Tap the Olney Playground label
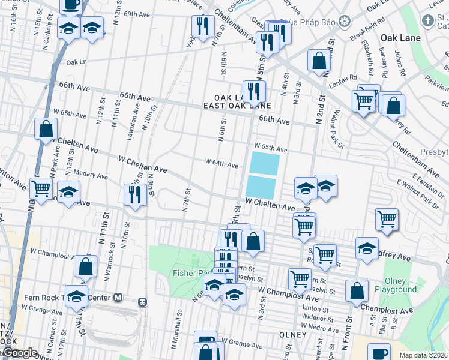[x=396, y=284]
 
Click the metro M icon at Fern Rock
[x=118, y=298]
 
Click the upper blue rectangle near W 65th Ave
[x=264, y=163]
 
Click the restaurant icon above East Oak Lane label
[x=254, y=91]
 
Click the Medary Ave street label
[x=91, y=176]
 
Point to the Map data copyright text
[x=423, y=355]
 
